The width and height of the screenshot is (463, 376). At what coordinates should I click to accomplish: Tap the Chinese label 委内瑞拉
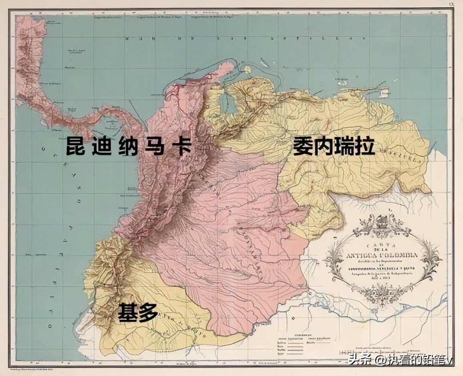point(334,146)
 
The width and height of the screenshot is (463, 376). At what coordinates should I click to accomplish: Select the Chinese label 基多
point(138,312)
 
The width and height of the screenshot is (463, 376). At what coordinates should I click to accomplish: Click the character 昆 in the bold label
point(74,146)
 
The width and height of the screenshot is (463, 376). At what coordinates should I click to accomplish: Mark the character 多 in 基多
point(148,312)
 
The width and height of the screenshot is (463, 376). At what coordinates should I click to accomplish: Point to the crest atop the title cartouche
point(382,221)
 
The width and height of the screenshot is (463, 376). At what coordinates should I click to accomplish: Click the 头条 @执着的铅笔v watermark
point(401,360)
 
